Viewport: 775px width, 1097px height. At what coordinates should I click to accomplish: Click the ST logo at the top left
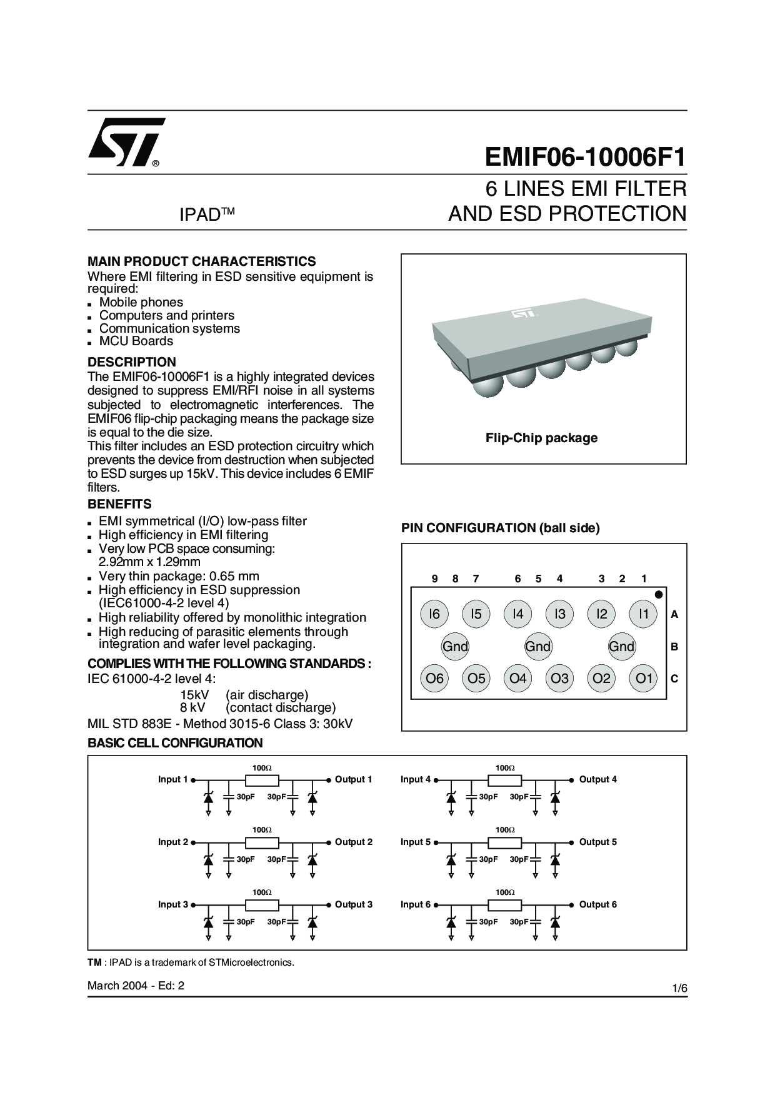127,142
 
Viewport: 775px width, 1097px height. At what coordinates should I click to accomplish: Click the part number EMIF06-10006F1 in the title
585,158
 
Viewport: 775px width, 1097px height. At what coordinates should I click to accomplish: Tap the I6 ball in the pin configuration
434,614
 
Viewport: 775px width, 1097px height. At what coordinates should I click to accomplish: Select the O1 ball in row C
644,679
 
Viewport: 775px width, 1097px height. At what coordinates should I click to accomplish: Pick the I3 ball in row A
559,614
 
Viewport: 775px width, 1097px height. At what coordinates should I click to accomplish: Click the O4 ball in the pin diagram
517,679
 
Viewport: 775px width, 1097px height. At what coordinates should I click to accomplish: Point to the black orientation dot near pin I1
658,594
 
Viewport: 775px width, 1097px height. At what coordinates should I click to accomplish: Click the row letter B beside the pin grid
674,647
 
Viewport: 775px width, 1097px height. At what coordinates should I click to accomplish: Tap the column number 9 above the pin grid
434,579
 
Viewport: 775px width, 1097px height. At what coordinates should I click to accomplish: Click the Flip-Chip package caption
541,438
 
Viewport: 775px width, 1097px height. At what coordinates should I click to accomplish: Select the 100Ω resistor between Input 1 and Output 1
262,780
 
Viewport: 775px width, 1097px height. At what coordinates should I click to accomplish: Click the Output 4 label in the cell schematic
597,779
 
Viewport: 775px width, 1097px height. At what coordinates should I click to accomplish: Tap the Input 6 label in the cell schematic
416,904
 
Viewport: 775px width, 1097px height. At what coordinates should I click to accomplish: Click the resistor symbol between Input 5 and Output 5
504,842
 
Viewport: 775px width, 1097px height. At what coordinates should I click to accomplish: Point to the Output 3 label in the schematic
353,904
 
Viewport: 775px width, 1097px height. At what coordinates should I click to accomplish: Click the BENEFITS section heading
119,504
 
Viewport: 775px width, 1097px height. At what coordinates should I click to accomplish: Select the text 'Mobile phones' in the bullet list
141,302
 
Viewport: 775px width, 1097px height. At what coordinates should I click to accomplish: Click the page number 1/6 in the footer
679,988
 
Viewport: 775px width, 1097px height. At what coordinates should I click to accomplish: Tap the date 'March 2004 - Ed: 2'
136,986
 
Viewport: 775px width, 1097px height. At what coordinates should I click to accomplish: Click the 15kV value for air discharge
194,695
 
